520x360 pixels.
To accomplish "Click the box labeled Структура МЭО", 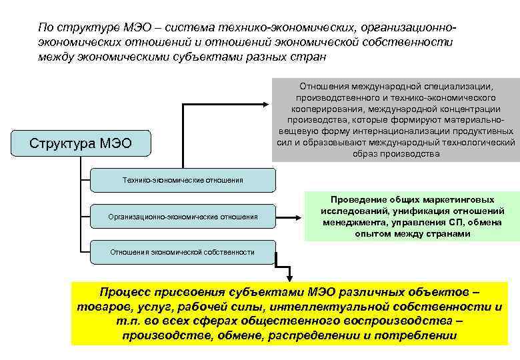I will click(81, 143).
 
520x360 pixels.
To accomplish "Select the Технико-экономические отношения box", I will click(183, 180).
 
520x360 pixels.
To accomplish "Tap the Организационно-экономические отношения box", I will click(183, 216).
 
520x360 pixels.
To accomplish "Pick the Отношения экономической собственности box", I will click(183, 252).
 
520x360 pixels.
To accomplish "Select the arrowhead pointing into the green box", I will click(301, 216).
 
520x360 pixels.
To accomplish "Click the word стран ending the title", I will click(310, 57).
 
